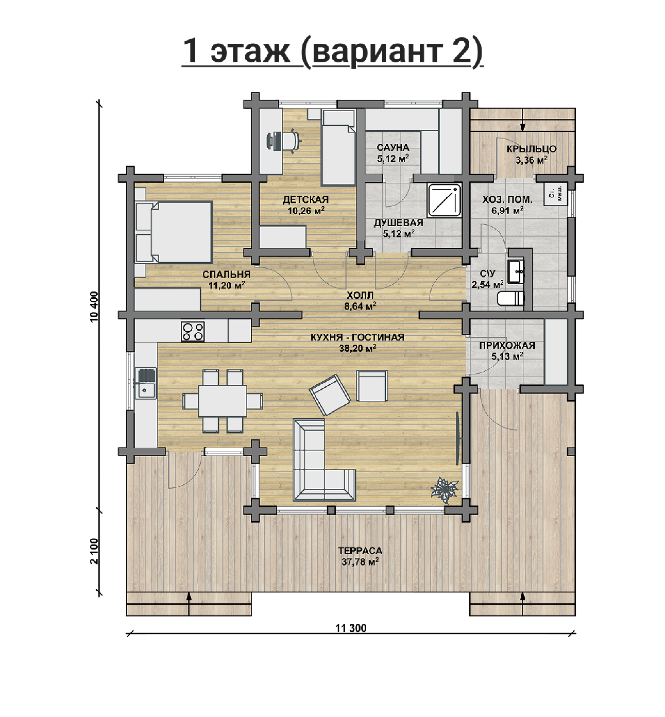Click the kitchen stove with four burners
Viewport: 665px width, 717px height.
(x=193, y=331)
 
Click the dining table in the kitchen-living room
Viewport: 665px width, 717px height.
(x=222, y=401)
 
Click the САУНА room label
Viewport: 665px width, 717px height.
(x=393, y=148)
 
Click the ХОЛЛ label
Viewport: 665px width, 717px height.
(x=360, y=295)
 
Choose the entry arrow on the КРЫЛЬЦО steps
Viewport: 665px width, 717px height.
(x=523, y=125)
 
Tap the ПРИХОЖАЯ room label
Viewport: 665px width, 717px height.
(x=507, y=345)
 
